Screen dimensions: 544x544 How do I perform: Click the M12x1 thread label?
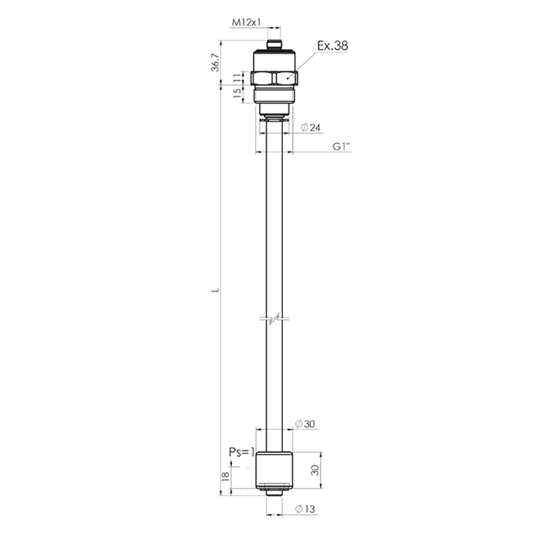[x=246, y=22]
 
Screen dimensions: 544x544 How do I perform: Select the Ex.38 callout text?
[x=333, y=46]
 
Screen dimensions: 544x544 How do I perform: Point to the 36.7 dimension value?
[x=216, y=63]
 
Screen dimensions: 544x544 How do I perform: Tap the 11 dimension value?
[x=237, y=78]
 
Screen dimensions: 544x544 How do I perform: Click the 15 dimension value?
[x=237, y=93]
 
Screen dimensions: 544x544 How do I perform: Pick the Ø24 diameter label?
[x=311, y=128]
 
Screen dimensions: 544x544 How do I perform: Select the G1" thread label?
[x=342, y=146]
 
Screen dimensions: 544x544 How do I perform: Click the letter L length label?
[x=216, y=290]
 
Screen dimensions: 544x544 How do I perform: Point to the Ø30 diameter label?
[x=305, y=424]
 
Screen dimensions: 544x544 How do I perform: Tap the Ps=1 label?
[x=241, y=452]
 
